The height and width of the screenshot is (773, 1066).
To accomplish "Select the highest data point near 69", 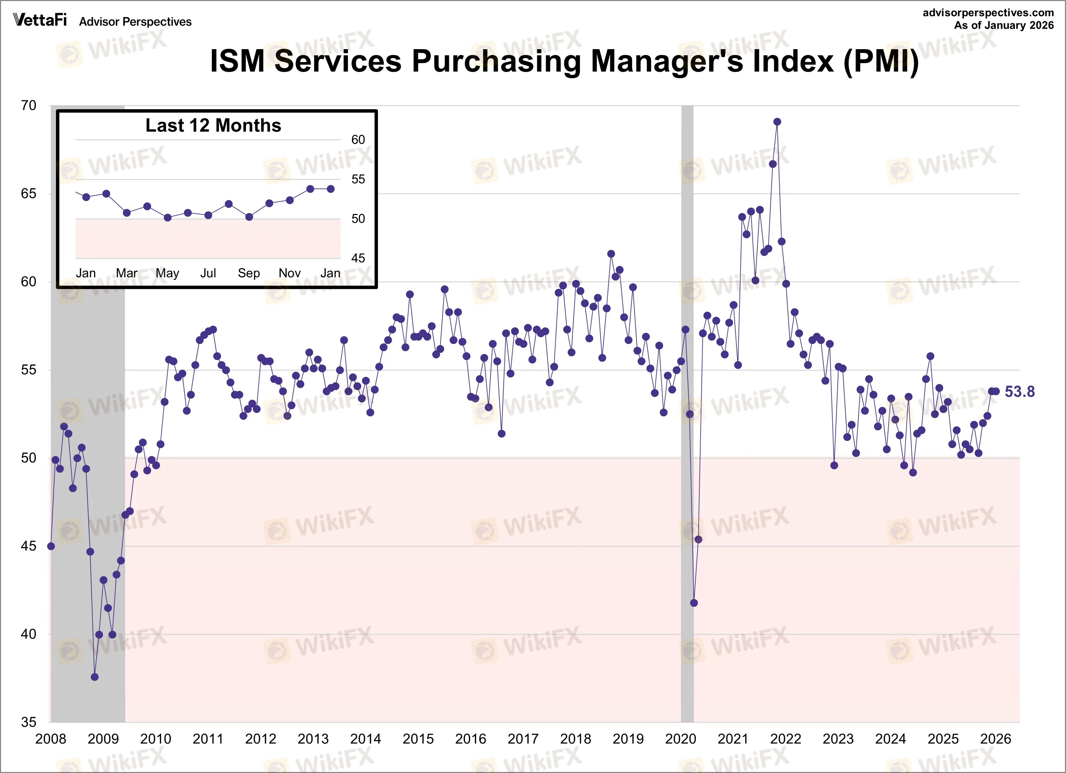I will point(777,122).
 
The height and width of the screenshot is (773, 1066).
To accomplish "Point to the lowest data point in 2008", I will point(94,677).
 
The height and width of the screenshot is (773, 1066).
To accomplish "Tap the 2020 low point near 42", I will point(694,603).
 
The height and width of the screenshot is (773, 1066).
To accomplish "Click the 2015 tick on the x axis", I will point(418,739).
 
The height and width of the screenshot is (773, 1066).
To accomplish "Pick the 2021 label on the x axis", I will point(733,739).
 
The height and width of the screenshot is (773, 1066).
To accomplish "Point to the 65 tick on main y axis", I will point(28,193).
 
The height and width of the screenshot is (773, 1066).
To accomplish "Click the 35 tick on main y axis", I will point(28,722).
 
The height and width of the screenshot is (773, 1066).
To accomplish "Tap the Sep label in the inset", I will point(249,273).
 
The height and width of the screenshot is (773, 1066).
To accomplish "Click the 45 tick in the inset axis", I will point(358,258).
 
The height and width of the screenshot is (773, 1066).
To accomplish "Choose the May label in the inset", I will point(167,273).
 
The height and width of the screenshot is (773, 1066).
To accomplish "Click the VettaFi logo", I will point(40,20).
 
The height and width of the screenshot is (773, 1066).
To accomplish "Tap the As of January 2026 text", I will point(1004,25).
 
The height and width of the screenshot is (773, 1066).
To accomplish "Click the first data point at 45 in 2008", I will point(51,546).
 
